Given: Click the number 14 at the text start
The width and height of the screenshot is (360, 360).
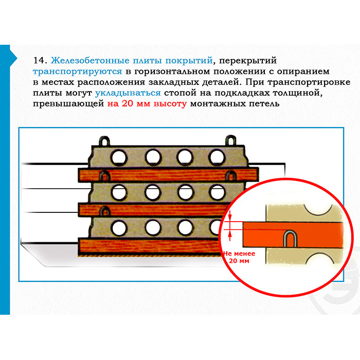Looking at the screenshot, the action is click(x=39, y=60).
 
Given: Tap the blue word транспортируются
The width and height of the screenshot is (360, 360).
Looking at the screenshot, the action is click(x=77, y=72).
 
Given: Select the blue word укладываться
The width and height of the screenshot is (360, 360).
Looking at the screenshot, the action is click(x=128, y=93).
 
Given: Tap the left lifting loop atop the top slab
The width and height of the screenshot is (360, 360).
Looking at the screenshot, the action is click(x=104, y=141).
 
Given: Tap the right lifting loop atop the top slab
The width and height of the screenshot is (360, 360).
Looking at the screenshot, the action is click(x=231, y=140).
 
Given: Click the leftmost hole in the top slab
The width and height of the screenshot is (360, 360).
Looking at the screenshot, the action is click(x=119, y=158).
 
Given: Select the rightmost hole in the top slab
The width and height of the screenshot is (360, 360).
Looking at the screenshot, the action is click(x=217, y=157).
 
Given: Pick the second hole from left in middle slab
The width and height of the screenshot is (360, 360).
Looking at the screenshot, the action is click(x=153, y=192).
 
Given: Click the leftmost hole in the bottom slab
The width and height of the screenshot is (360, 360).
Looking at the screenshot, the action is click(x=119, y=228).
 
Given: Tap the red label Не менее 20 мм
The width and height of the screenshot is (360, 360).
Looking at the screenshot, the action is click(x=239, y=257).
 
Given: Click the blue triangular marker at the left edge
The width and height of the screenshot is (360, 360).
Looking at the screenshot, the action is click(x=13, y=58).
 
